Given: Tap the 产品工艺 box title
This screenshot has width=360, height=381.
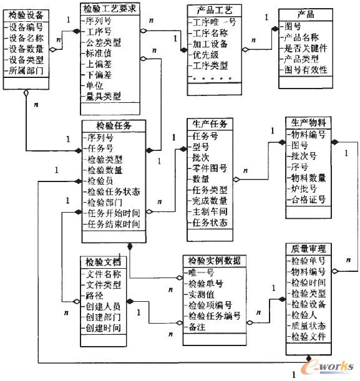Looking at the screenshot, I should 213,11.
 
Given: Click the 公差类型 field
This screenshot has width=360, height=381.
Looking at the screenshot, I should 104,42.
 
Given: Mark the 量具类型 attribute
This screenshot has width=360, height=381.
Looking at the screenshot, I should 104,96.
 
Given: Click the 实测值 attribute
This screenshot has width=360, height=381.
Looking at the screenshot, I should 202,294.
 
